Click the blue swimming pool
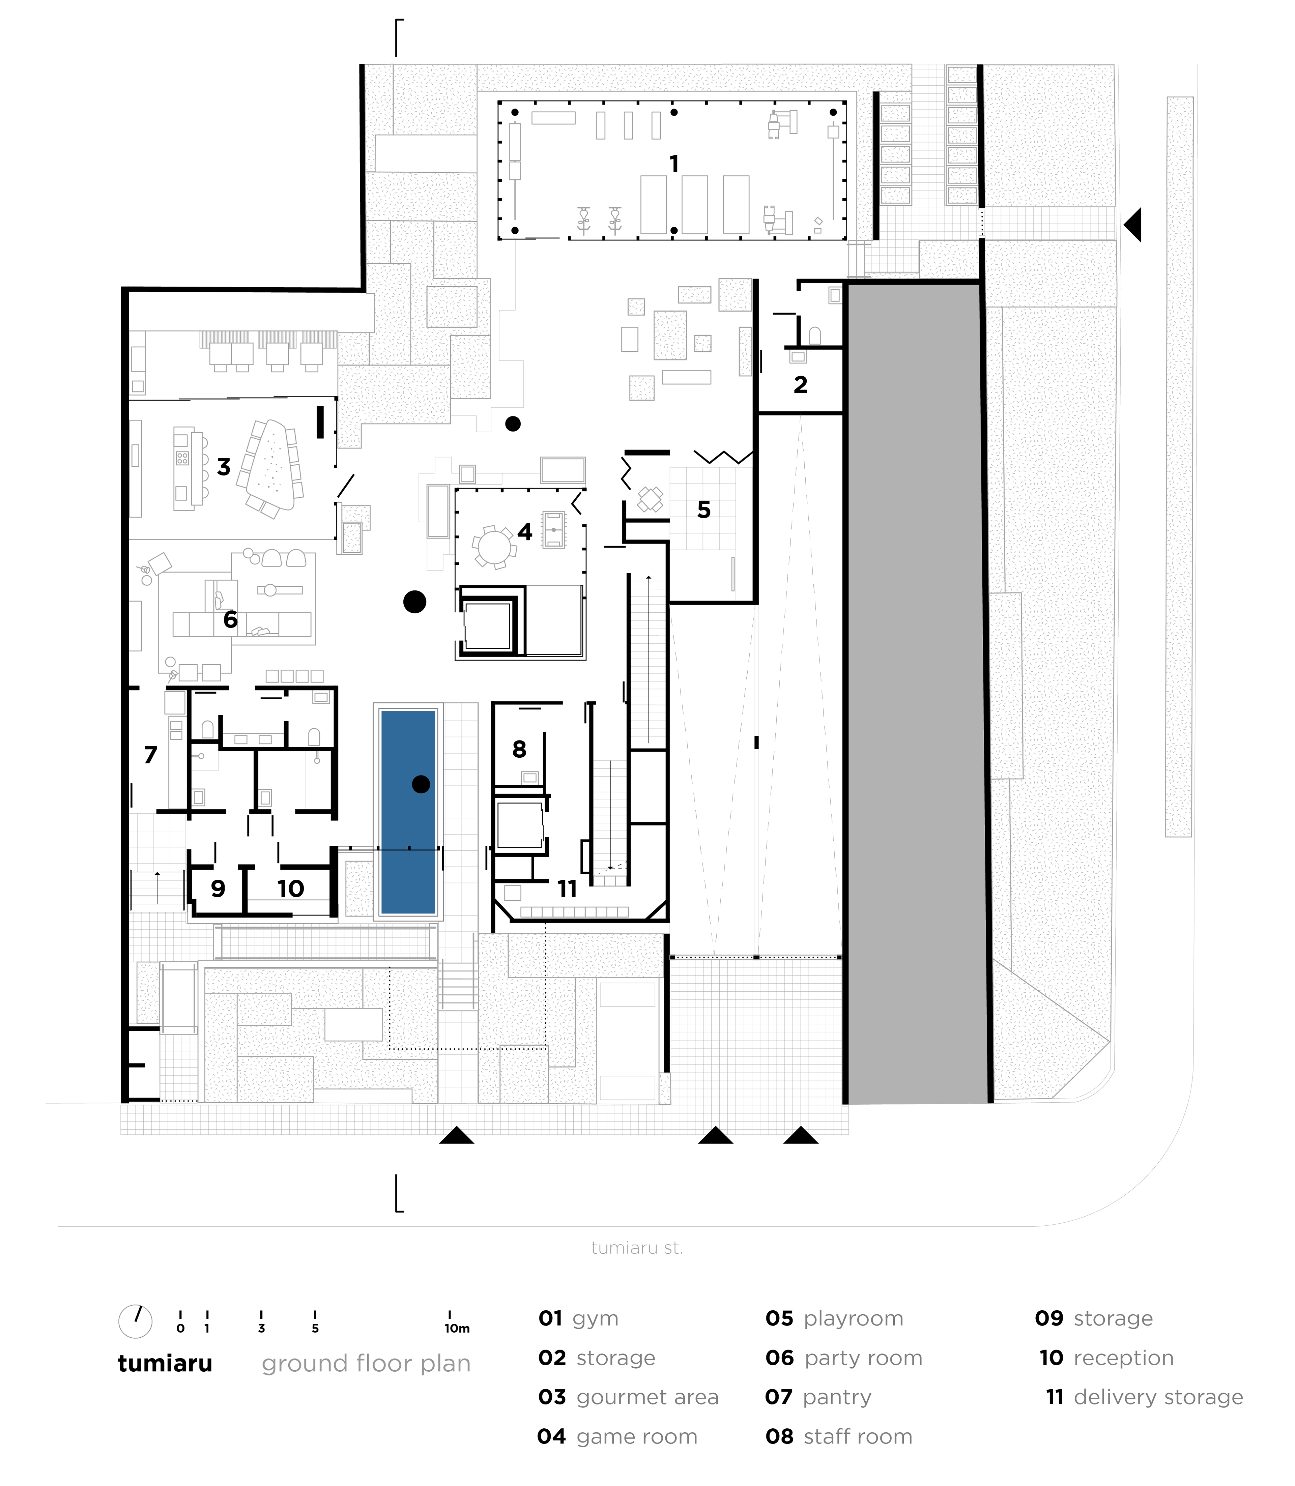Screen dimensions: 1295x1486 (408, 813)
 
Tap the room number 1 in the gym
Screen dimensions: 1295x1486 (674, 165)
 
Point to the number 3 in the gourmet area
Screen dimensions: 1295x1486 (224, 467)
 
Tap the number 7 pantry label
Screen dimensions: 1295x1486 (150, 755)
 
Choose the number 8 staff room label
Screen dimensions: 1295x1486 (519, 749)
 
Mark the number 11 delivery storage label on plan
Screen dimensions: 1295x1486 (567, 888)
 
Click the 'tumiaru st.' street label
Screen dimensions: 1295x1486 (637, 1268)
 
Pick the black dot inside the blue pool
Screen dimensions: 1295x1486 (421, 784)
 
